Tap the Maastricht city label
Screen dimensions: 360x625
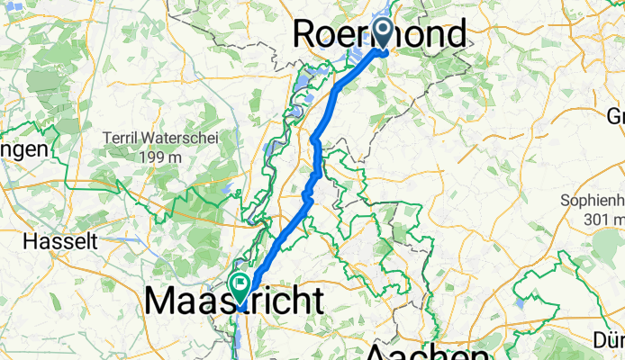pos(234,301)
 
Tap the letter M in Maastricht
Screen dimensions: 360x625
pos(163,301)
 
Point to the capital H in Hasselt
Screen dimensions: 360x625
pos(29,242)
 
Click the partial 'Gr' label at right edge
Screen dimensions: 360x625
pos(616,116)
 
